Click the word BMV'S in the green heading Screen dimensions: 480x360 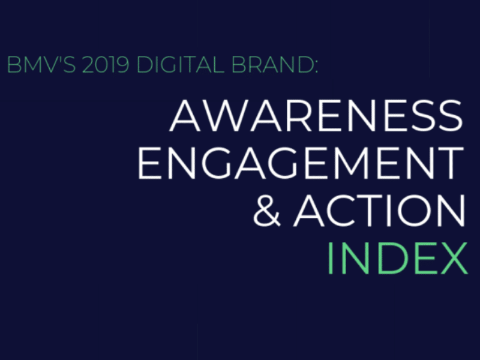pyautogui.click(x=41, y=65)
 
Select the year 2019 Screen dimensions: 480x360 pyautogui.click(x=106, y=65)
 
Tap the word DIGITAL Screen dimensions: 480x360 pyautogui.click(x=180, y=65)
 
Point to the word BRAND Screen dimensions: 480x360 pyautogui.click(x=271, y=65)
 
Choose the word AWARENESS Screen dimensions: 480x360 pyautogui.click(x=316, y=116)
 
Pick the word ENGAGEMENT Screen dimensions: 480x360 pyautogui.click(x=301, y=163)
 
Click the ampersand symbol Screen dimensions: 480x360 pyautogui.click(x=266, y=210)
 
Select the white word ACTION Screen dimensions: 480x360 pyautogui.click(x=380, y=211)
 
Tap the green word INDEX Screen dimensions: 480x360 pyautogui.click(x=397, y=257)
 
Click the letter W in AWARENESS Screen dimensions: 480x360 pyautogui.click(x=226, y=116)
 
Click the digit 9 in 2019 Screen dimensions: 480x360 pyautogui.click(x=123, y=65)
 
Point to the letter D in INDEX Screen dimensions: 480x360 pyautogui.click(x=389, y=258)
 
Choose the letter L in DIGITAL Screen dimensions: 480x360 pyautogui.click(x=219, y=65)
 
